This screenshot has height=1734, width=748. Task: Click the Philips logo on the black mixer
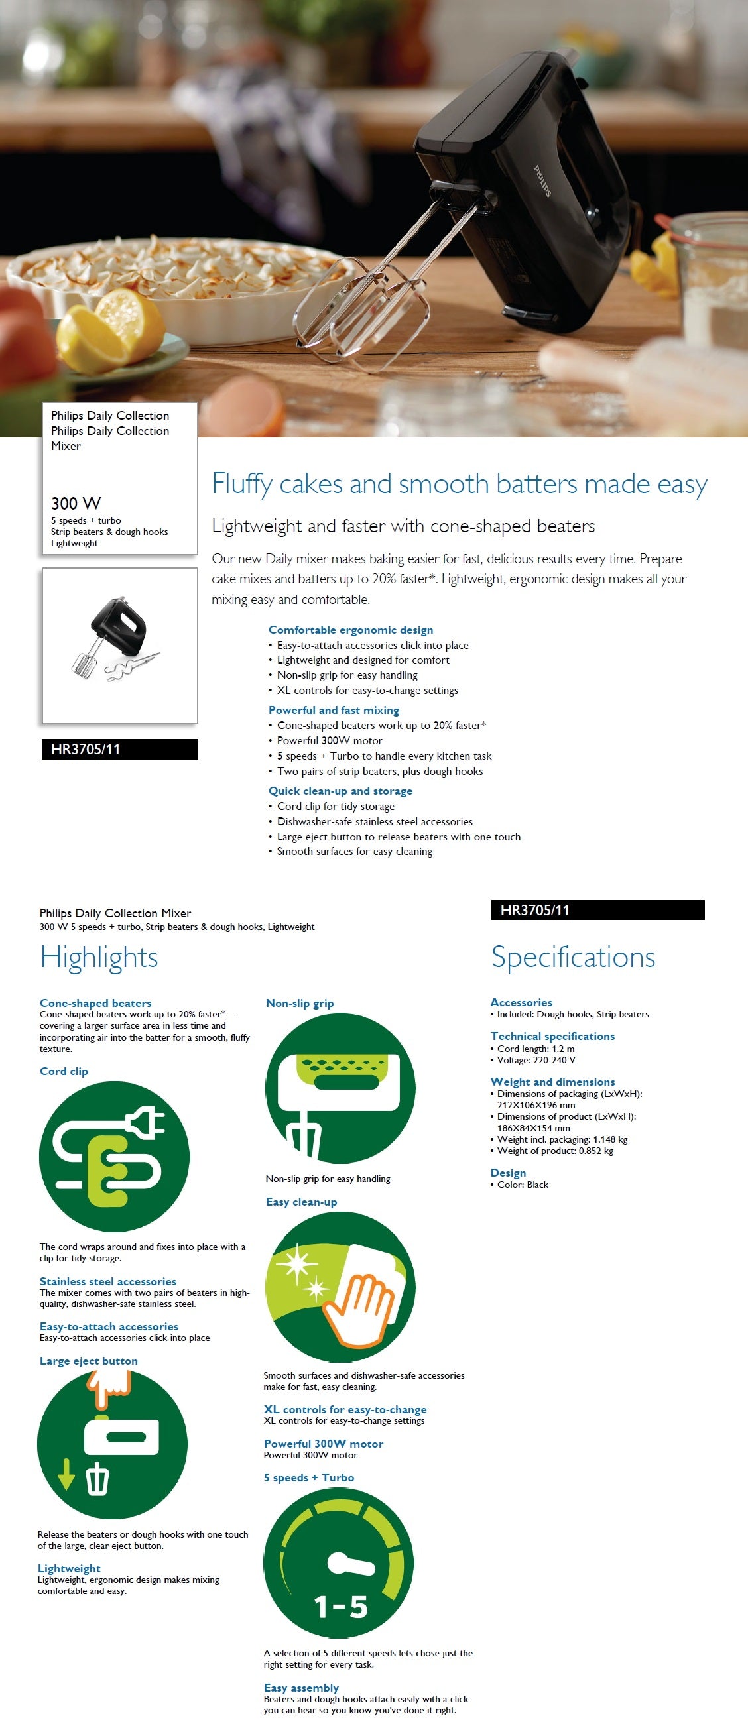point(542,180)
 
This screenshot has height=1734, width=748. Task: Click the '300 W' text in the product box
point(76,504)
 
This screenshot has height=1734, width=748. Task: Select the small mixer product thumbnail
point(119,646)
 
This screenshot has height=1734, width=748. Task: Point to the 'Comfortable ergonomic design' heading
point(351,630)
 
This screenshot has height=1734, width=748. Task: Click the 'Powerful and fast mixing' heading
point(334,710)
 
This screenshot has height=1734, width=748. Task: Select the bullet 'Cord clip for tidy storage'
point(336,807)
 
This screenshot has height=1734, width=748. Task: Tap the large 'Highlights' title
point(99,957)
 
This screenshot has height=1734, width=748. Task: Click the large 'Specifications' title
point(573,957)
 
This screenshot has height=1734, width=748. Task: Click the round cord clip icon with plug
point(115,1157)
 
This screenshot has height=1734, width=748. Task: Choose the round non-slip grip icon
point(341,1088)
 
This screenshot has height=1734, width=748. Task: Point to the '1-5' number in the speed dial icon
point(341,1607)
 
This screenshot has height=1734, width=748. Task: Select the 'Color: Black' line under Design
point(523,1185)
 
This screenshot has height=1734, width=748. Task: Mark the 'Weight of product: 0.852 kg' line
point(555,1151)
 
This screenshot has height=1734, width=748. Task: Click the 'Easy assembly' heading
point(301,1688)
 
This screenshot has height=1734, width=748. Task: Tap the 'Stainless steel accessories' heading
point(107,1282)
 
